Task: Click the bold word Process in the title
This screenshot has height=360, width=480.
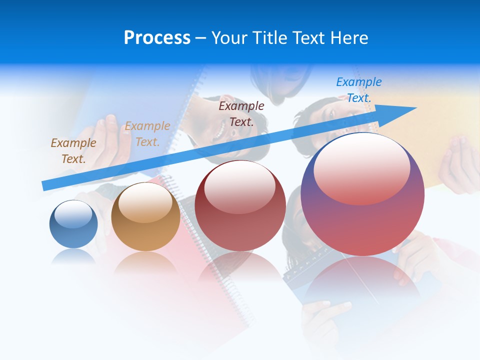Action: coord(157,38)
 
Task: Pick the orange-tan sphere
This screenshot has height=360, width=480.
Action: coord(145,230)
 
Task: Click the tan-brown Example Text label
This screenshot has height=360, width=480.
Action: coord(73,150)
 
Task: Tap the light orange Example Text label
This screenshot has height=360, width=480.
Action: coord(147,133)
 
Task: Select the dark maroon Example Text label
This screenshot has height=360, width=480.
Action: coord(241,113)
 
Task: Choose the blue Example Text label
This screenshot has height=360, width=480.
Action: coord(359,89)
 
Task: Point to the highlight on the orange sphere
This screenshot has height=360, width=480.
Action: coord(145,202)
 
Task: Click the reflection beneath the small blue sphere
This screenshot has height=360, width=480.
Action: coord(73,256)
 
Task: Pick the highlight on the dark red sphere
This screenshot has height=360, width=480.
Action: coord(239,187)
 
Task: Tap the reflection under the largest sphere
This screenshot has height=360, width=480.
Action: coord(362,280)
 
